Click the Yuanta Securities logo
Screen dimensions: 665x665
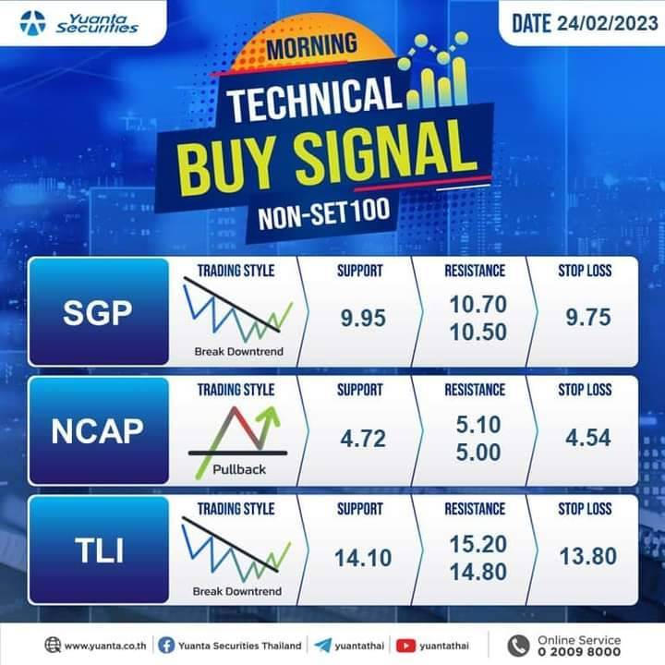79,23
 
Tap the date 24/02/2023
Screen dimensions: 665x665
608,23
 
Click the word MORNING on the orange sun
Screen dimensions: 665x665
312,46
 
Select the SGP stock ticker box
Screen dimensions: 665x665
99,312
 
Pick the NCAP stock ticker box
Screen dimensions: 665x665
99,431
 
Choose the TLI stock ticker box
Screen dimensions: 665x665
99,550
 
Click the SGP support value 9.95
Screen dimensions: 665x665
363,318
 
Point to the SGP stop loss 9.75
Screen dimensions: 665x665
588,317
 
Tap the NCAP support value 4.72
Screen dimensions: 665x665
363,438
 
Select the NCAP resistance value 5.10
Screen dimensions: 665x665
478,425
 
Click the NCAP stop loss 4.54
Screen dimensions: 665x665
588,437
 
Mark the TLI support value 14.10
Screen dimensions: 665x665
363,558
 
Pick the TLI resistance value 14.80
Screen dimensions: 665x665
478,572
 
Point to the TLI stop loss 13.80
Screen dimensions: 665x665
588,556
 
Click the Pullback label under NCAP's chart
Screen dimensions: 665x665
239,469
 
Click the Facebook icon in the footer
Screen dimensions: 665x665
166,646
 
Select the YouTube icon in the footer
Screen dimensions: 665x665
405,646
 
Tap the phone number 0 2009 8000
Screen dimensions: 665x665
579,651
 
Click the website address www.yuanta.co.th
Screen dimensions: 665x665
105,646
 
